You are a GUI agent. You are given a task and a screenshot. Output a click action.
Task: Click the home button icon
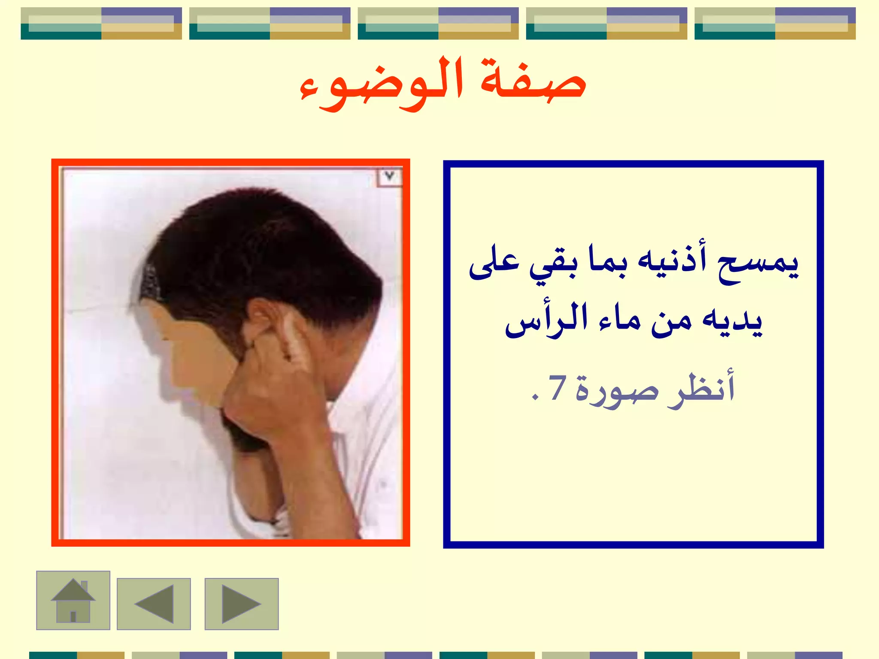pyautogui.click(x=73, y=600)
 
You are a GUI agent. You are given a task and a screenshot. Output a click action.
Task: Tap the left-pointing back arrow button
pyautogui.click(x=154, y=604)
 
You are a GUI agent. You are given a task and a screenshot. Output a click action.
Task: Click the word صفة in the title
pyautogui.click(x=532, y=82)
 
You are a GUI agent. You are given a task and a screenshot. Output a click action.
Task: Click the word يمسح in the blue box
pyautogui.click(x=758, y=264)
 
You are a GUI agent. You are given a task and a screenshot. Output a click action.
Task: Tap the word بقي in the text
pyautogui.click(x=554, y=264)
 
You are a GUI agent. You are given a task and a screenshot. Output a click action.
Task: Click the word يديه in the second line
pyautogui.click(x=732, y=322)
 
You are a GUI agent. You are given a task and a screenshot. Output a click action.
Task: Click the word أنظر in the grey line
pyautogui.click(x=702, y=388)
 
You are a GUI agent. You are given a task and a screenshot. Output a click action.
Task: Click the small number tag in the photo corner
pyautogui.click(x=389, y=176)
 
